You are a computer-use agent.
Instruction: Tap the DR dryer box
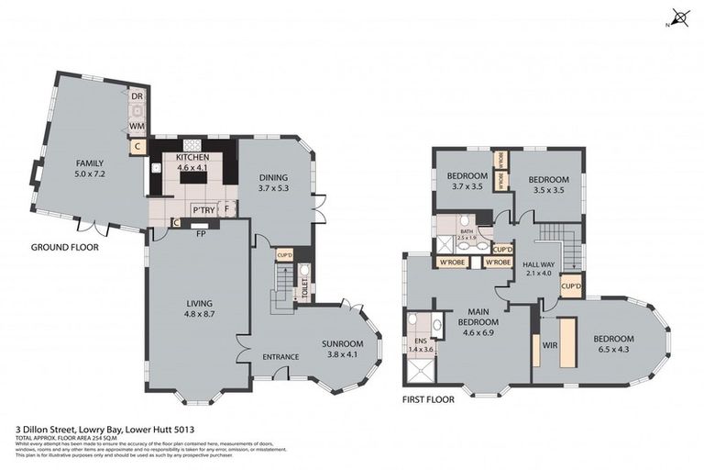click(x=136, y=97)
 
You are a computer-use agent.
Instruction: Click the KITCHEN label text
click(x=192, y=162)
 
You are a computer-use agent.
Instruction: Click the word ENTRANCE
click(x=280, y=357)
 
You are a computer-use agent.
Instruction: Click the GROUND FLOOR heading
click(x=64, y=247)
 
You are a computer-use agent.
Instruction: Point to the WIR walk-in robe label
click(x=550, y=346)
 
